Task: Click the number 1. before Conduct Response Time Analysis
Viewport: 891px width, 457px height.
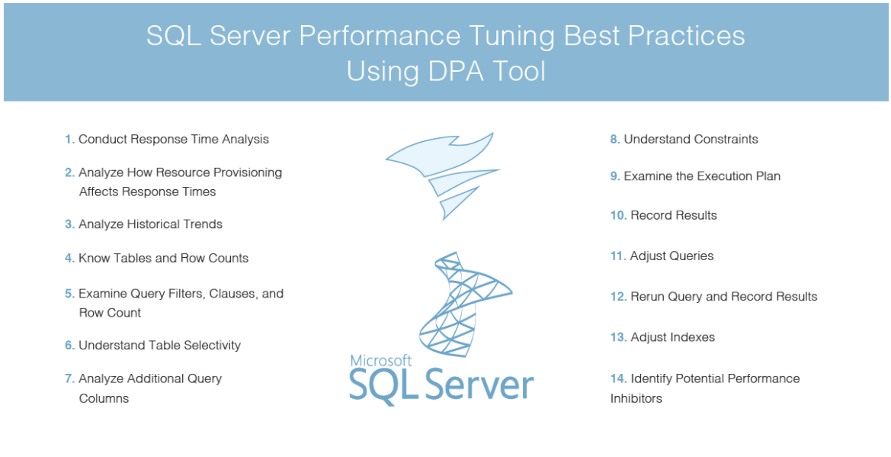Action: tap(69, 140)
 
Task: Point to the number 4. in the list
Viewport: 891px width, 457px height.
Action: tap(69, 259)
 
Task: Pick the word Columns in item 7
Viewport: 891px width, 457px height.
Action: tap(104, 398)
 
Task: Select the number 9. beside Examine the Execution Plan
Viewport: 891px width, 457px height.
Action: tap(614, 176)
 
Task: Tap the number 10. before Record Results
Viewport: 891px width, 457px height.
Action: tap(617, 216)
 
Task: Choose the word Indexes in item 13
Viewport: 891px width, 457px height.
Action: tap(692, 337)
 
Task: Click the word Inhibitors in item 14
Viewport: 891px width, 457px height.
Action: tap(636, 398)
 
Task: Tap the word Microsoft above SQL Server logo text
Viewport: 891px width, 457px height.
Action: tap(381, 360)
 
